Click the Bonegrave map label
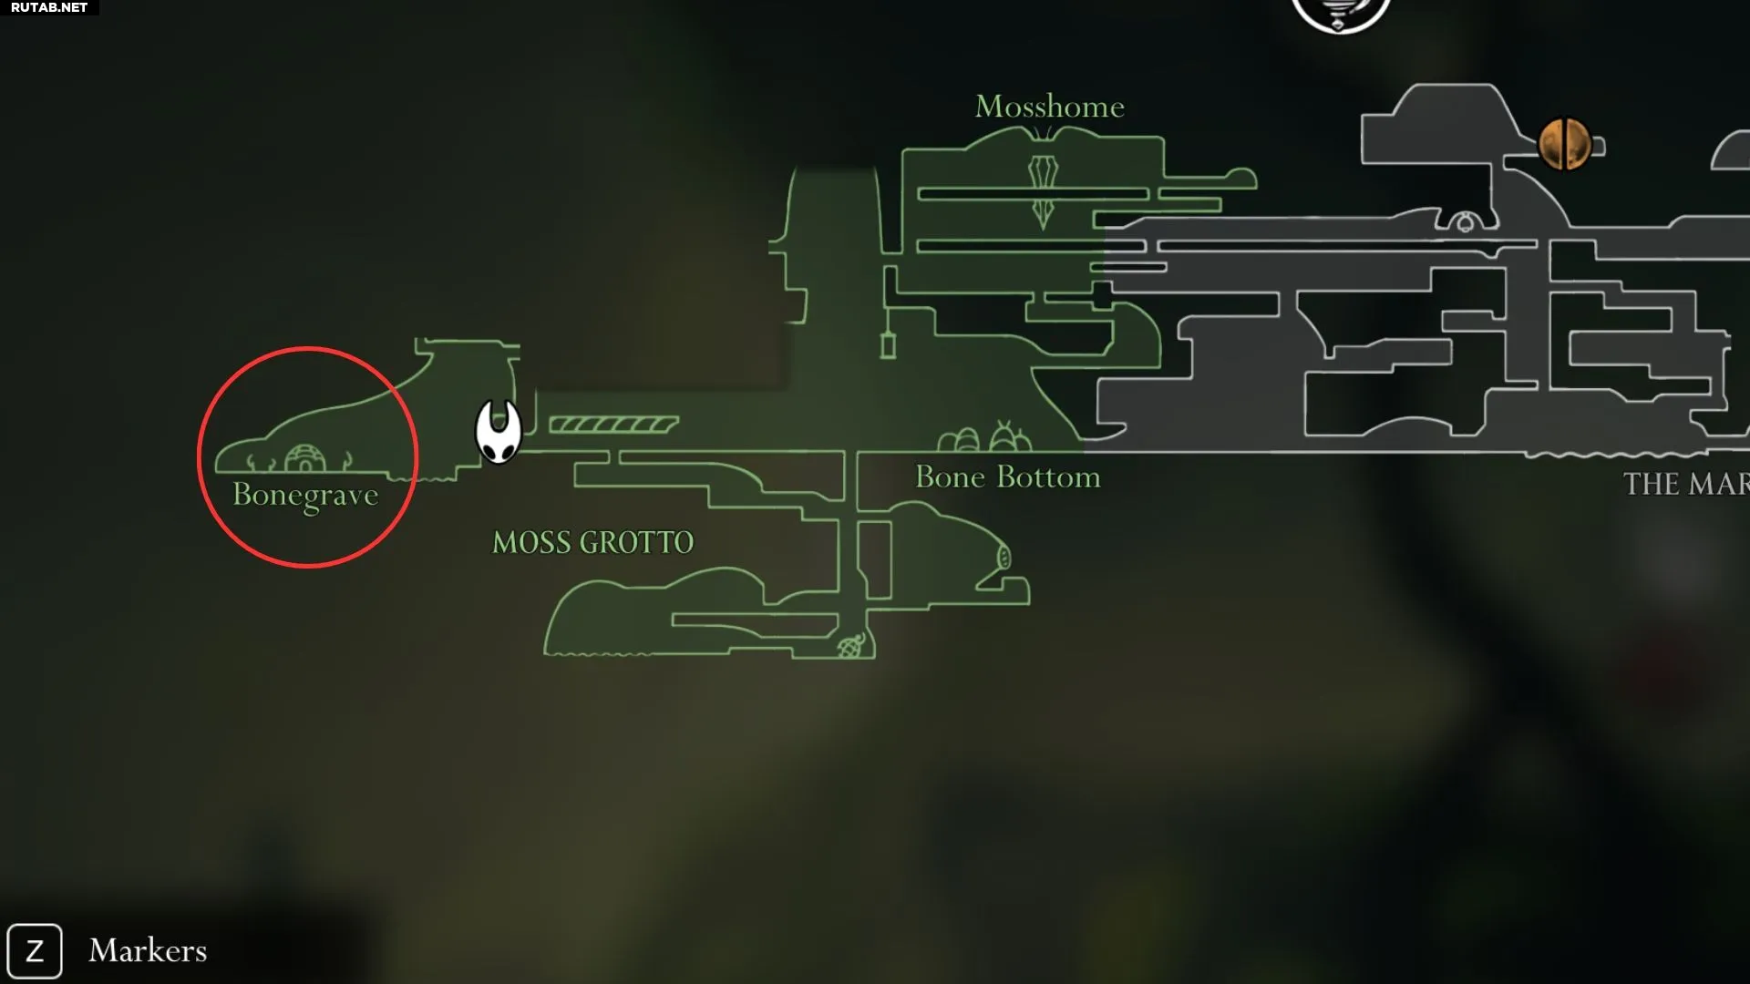point(305,496)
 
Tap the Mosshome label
point(1049,107)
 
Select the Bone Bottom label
point(1007,477)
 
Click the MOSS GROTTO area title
point(592,543)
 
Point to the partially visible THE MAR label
point(1686,484)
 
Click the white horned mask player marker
point(499,432)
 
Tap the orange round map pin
point(1565,144)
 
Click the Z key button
point(35,951)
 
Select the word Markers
point(148,950)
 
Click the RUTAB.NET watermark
point(49,7)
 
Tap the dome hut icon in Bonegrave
point(305,459)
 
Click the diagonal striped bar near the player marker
point(614,425)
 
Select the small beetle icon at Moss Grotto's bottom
point(850,646)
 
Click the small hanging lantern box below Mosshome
point(888,345)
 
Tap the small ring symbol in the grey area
point(1465,223)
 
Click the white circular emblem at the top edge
point(1341,13)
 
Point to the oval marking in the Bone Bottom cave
point(1004,556)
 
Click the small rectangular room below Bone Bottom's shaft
point(874,559)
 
